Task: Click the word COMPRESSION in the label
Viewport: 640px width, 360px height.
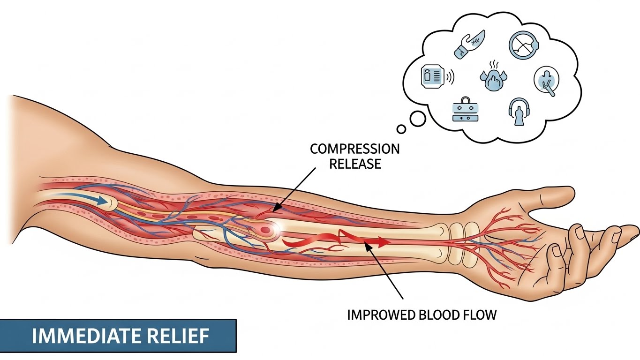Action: (355, 150)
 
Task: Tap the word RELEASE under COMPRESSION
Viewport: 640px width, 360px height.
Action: (355, 164)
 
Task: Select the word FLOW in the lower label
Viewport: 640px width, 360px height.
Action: (479, 315)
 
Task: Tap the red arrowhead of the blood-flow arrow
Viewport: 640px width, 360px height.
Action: (382, 242)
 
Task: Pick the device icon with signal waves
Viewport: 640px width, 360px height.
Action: (435, 76)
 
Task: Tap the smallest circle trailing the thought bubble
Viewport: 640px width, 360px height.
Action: (401, 128)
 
